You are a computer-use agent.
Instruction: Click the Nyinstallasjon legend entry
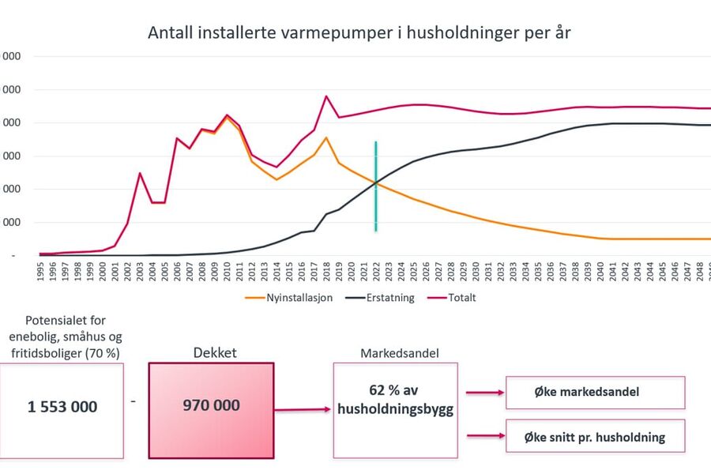(x=285, y=298)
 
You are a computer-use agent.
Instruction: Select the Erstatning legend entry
(x=378, y=298)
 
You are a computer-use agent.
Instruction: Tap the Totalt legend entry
(x=457, y=298)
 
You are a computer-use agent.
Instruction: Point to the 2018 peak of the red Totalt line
(x=326, y=96)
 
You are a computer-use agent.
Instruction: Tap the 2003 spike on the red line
(x=140, y=173)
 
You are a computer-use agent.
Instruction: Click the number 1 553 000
(x=62, y=407)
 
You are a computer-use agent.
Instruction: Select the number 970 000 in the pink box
(x=211, y=405)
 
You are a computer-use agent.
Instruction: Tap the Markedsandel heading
(x=395, y=352)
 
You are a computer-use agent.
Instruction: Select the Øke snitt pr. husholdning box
(x=595, y=437)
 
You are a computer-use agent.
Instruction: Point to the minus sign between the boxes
(x=134, y=401)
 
